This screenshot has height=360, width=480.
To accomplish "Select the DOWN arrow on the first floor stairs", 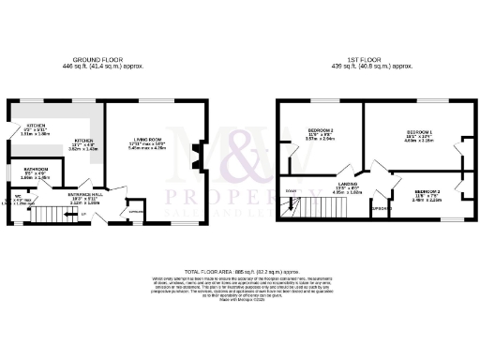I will [290, 193].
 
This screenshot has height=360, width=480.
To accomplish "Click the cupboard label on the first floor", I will [379, 208].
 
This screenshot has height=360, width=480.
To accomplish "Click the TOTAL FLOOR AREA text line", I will [239, 268].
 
